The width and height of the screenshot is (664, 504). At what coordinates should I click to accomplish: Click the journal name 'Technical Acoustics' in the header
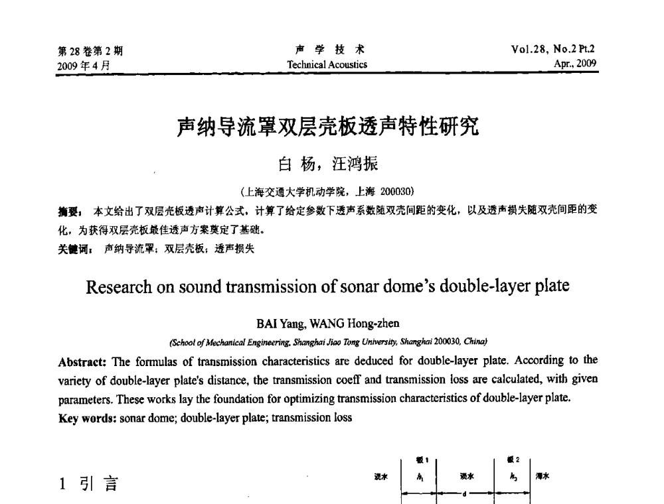point(327,64)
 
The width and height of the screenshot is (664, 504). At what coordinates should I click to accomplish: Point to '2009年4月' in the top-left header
point(84,65)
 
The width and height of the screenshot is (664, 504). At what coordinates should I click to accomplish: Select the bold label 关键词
point(73,249)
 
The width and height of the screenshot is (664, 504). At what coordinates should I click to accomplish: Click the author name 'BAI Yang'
point(278,324)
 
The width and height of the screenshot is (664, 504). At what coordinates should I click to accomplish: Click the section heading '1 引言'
point(87,485)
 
